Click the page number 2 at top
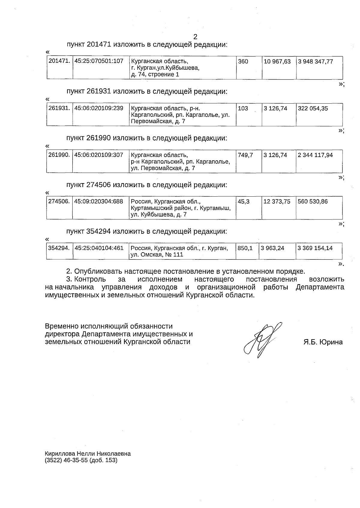pos(195,37)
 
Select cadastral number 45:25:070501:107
pos(99,61)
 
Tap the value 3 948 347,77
pos(315,62)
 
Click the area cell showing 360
pos(243,62)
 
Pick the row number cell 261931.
pos(59,108)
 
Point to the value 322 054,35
pos(313,108)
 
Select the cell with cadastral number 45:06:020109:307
pos(99,155)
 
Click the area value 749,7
pos(245,155)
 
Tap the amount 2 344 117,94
pos(315,155)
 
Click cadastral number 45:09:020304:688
pos(99,201)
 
